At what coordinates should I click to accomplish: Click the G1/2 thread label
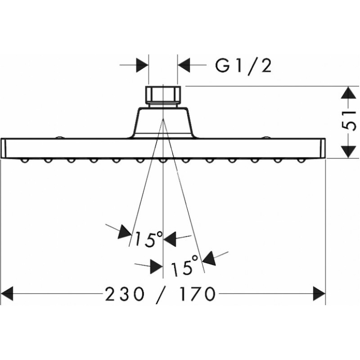[x=243, y=66]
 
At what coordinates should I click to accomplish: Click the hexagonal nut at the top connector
[x=163, y=95]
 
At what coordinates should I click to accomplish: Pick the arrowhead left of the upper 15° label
[x=125, y=232]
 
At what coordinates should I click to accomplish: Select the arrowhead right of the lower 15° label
[x=208, y=258]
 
